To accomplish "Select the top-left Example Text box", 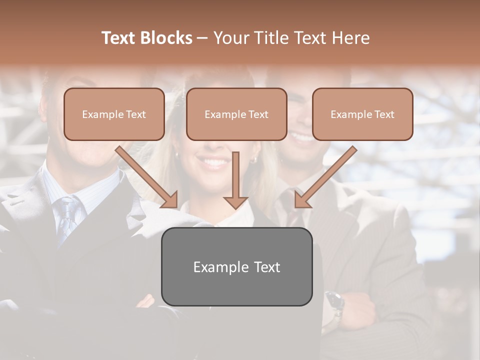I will [x=114, y=114].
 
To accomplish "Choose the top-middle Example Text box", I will [x=236, y=114].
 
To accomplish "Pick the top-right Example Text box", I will [x=362, y=114].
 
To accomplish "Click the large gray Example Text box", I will [x=236, y=266].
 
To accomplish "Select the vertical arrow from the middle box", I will [x=235, y=180].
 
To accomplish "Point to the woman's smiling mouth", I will [x=214, y=162].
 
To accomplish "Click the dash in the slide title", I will [x=202, y=38].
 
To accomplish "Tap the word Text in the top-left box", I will [x=135, y=114].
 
